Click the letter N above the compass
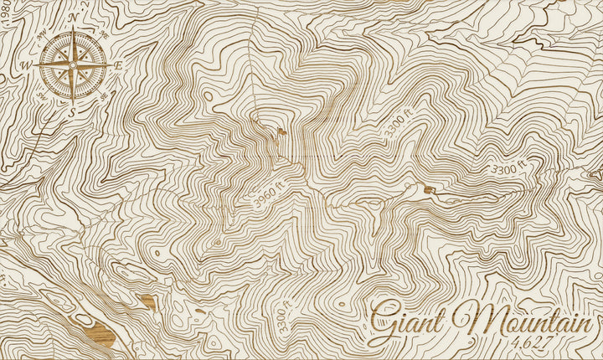[x=73, y=16]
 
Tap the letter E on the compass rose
[x=118, y=64]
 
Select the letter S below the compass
[x=73, y=109]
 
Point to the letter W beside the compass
[x=26, y=64]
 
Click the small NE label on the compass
[x=104, y=34]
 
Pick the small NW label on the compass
[x=42, y=34]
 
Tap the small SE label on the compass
[x=104, y=95]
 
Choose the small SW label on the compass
[x=42, y=95]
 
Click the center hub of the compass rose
[x=73, y=64]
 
